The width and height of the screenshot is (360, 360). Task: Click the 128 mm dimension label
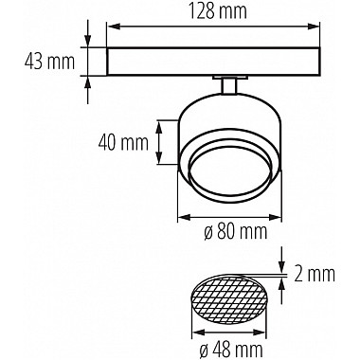(x=217, y=11)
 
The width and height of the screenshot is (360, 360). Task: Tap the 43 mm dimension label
(x=49, y=62)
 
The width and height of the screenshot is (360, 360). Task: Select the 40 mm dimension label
(x=123, y=143)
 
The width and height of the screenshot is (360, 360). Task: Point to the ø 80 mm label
(x=236, y=232)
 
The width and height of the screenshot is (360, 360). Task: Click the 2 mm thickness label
(x=315, y=274)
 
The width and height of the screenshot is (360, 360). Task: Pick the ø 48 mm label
(x=231, y=348)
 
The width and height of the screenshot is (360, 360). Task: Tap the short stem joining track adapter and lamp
(x=229, y=86)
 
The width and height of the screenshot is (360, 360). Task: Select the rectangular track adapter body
(x=213, y=62)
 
